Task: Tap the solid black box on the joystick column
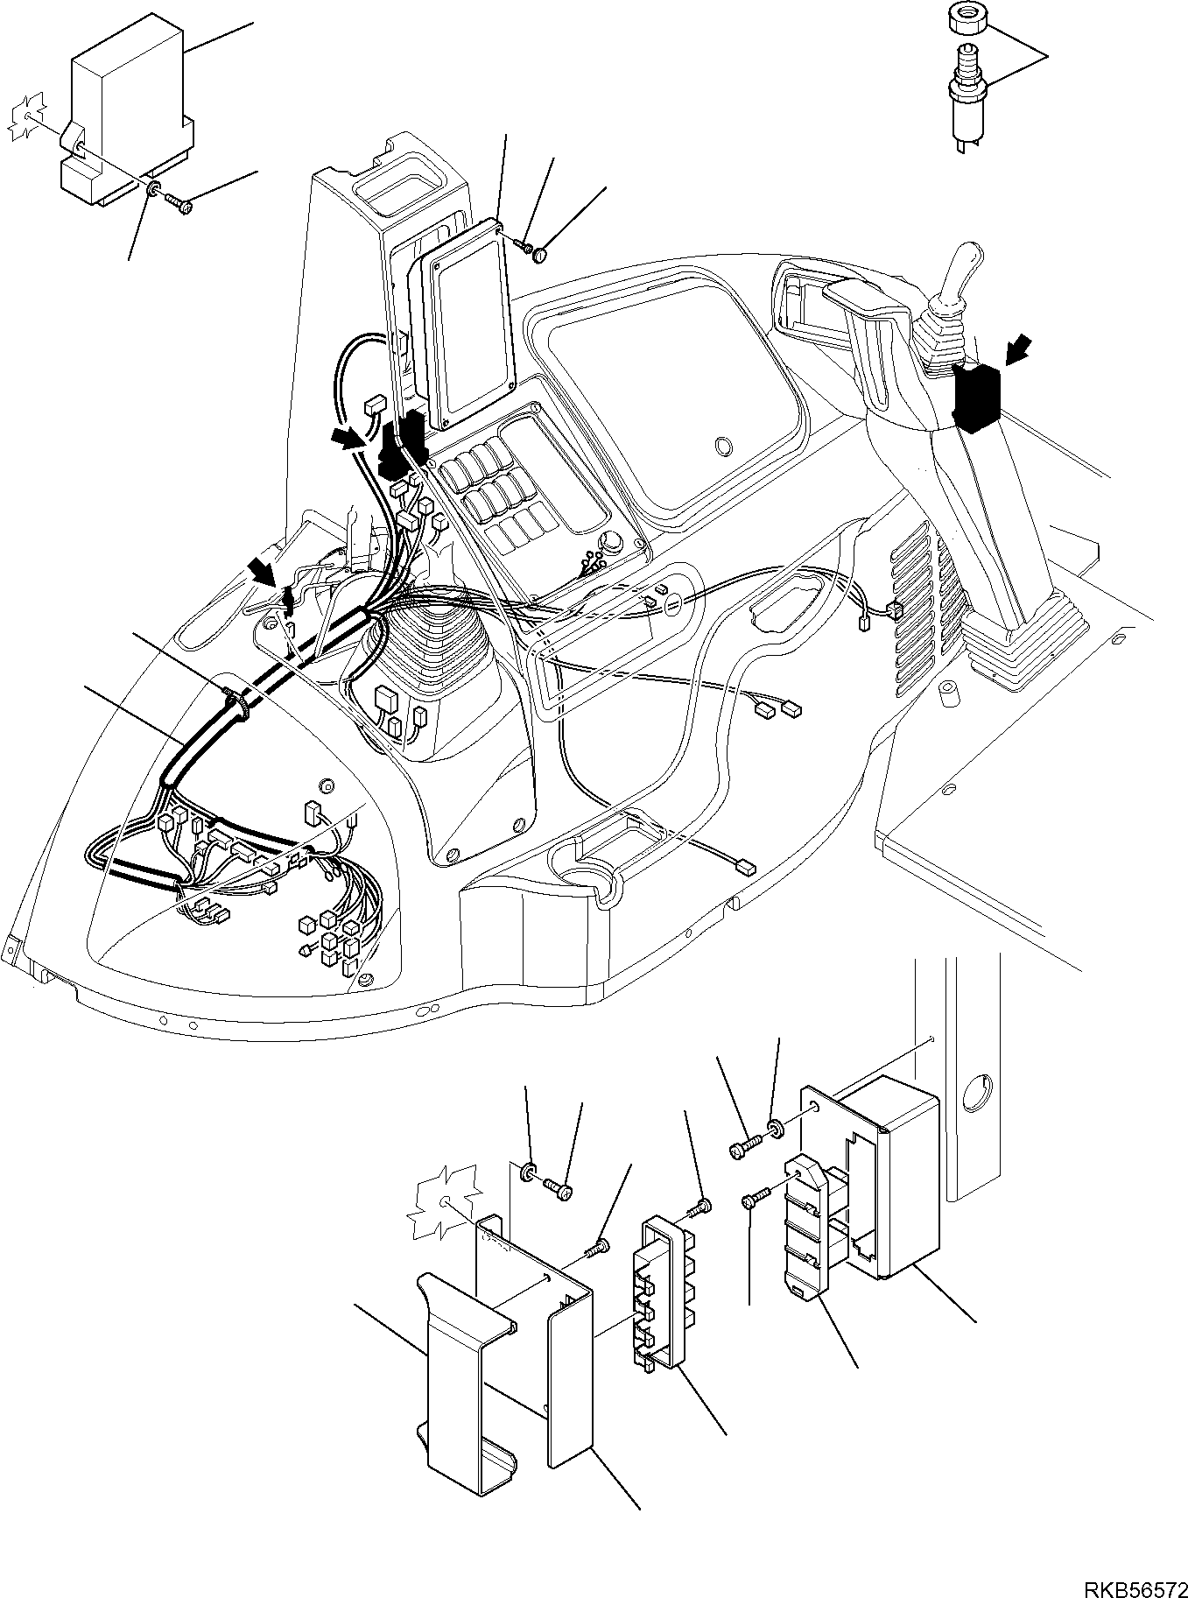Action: [977, 398]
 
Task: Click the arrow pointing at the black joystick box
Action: [1018, 352]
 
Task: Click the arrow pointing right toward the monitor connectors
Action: [348, 439]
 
